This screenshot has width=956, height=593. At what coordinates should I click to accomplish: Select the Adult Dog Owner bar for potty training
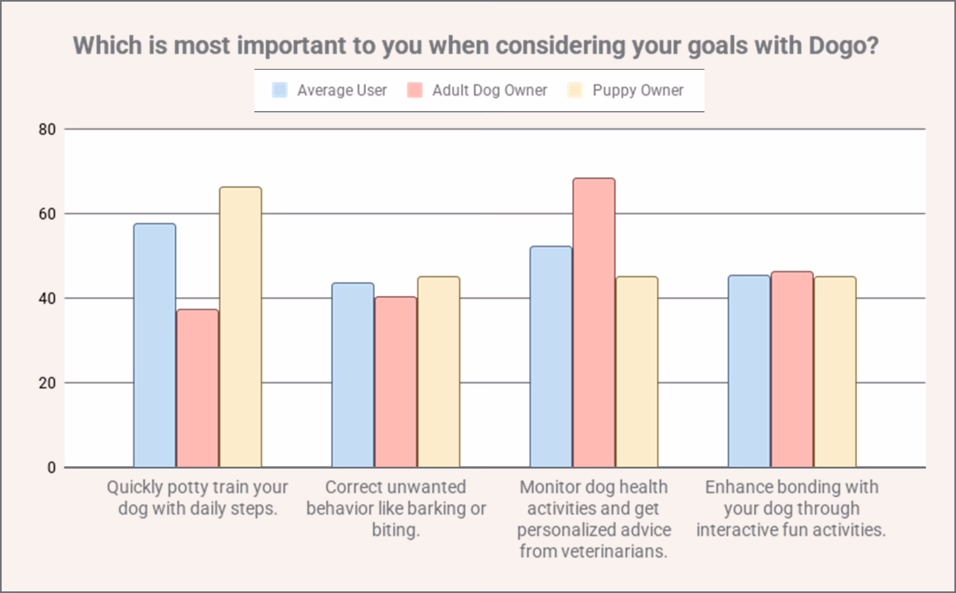pyautogui.click(x=197, y=388)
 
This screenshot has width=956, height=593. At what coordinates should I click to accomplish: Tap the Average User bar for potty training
pyautogui.click(x=154, y=345)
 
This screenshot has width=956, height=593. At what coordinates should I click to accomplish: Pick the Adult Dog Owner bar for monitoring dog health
pyautogui.click(x=594, y=322)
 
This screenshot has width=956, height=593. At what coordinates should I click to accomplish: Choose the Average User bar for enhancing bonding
pyautogui.click(x=749, y=371)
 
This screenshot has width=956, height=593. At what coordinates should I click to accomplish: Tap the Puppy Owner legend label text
pyautogui.click(x=638, y=90)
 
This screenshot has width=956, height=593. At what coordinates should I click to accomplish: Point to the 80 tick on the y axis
pyautogui.click(x=47, y=129)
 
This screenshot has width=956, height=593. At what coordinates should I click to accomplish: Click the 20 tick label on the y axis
pyautogui.click(x=47, y=383)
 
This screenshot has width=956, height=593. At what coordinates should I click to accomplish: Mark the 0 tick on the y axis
pyautogui.click(x=51, y=468)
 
